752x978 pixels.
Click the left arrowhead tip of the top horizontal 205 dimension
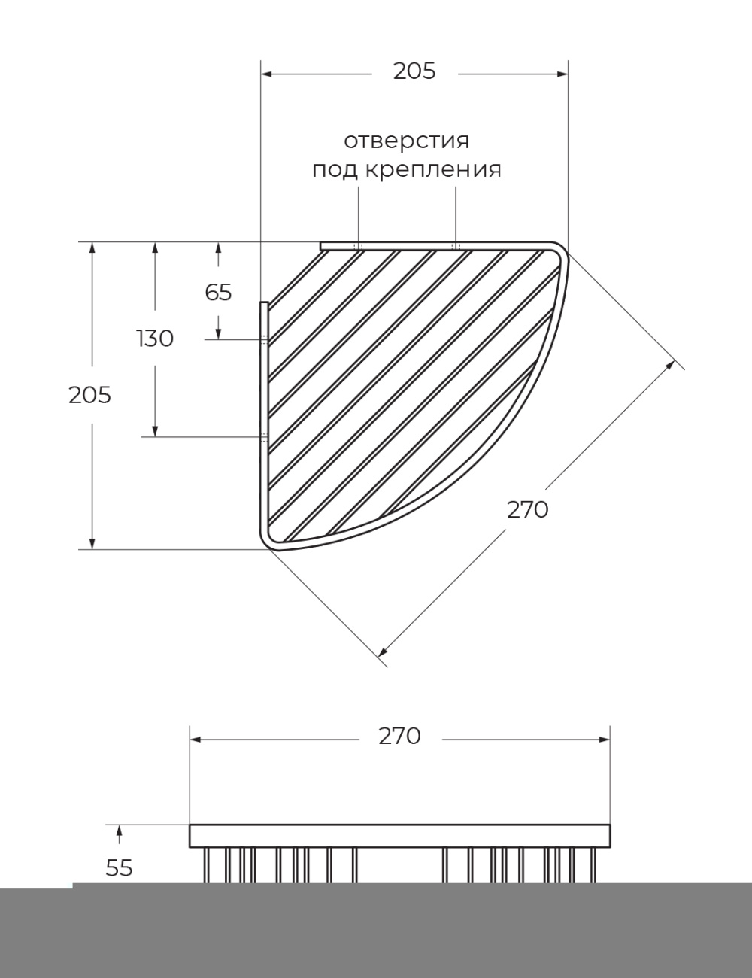[261, 74]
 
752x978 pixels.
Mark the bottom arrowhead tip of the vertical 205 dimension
[92, 549]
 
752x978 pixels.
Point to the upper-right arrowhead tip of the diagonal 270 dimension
[675, 362]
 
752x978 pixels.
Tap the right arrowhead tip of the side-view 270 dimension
[610, 740]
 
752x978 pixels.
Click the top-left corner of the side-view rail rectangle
[190, 825]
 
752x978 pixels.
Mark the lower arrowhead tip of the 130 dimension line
[155, 436]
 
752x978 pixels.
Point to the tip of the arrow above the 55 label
[119, 825]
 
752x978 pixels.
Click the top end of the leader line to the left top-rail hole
[359, 187]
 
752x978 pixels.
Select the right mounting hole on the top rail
[456, 246]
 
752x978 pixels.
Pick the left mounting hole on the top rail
[359, 246]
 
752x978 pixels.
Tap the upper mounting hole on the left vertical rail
[264, 339]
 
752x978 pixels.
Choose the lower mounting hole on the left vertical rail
[264, 436]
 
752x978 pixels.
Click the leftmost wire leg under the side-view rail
[207, 864]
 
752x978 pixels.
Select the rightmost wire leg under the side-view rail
[594, 864]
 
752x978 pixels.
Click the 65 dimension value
[219, 293]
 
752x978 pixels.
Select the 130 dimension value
[155, 339]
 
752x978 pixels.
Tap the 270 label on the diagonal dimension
[528, 510]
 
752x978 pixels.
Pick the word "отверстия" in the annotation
[407, 141]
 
